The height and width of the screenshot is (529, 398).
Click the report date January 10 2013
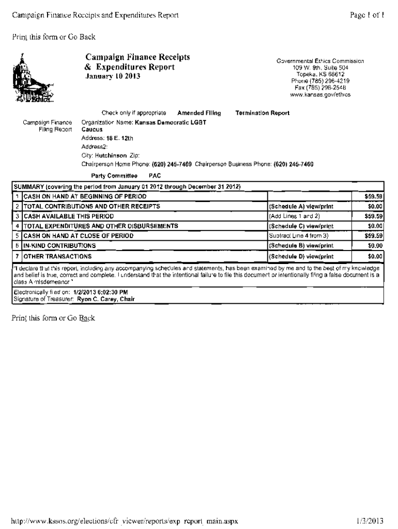[x=112, y=76]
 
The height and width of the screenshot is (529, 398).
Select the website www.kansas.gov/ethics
[x=320, y=95]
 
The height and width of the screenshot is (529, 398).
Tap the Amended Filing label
[x=199, y=113]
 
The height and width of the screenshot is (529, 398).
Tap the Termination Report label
[x=262, y=113]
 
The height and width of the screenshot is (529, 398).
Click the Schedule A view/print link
[x=301, y=206]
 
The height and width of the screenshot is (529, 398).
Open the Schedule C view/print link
[x=301, y=226]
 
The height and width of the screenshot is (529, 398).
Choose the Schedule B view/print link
[x=301, y=245]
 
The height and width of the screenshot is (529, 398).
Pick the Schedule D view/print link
[x=301, y=256]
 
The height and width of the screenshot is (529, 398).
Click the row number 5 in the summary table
[x=17, y=236]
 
